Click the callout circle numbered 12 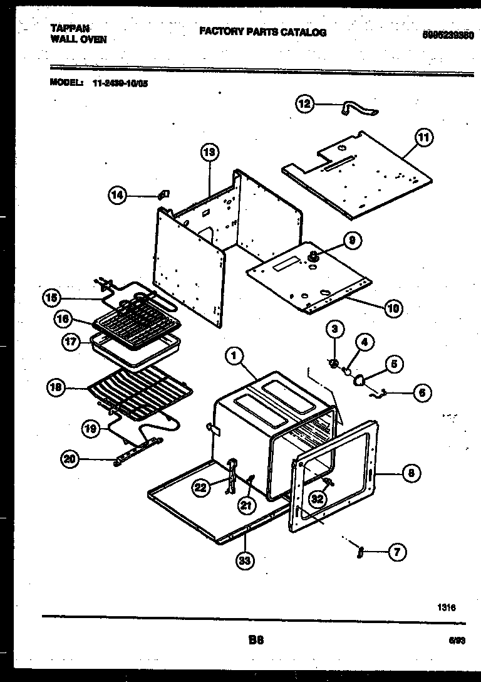click(304, 104)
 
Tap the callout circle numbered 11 click(425, 137)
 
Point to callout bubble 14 click(116, 196)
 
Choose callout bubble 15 click(52, 298)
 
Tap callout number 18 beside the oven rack click(56, 388)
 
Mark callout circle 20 click(70, 460)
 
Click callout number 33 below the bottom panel click(246, 561)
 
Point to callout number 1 click(234, 357)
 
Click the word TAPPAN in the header click(69, 29)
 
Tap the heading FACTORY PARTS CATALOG click(262, 33)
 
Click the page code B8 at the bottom click(256, 640)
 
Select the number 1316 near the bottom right click(447, 607)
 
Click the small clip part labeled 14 click(164, 194)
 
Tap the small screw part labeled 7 click(361, 551)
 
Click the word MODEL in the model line click(66, 82)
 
